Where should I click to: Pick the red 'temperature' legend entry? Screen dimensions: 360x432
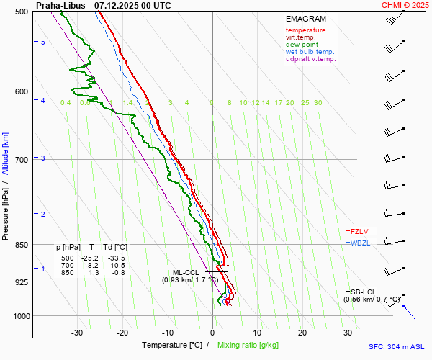pos(305,30)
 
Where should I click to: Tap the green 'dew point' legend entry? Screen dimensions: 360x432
pos(302,45)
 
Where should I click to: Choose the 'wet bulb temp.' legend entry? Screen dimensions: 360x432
pos(310,52)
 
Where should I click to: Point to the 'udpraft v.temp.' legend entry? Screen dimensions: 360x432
pos(310,59)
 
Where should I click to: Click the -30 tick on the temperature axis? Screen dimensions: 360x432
pos(77,333)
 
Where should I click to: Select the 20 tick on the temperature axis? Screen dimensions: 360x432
pos(302,333)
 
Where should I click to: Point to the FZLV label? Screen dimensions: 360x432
pos(359,232)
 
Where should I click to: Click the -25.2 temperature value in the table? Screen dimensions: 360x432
pos(91,258)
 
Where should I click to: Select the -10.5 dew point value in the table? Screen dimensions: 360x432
pos(116,265)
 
